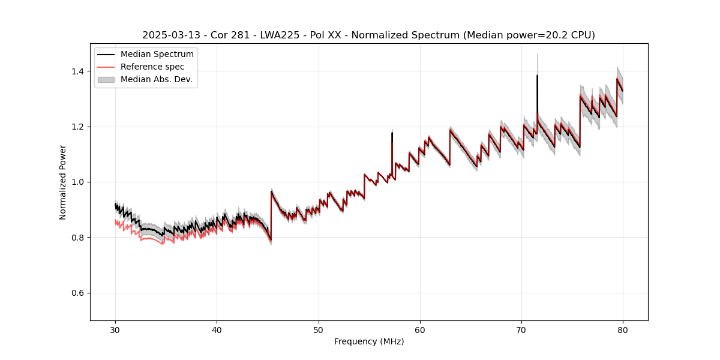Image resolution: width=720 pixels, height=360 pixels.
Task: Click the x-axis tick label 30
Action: click(116, 329)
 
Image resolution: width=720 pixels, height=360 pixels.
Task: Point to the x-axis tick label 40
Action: click(217, 329)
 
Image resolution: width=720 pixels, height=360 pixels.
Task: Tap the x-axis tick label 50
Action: click(319, 329)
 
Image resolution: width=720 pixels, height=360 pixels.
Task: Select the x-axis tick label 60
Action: click(420, 329)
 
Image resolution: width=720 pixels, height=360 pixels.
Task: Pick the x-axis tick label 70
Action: click(521, 329)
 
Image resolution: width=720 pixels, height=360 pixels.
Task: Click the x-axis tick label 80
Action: click(623, 329)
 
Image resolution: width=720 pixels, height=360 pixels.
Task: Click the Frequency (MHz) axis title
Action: click(369, 341)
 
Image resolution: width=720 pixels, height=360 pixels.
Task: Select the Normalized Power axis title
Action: click(62, 182)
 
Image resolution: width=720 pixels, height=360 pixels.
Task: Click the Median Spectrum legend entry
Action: click(157, 55)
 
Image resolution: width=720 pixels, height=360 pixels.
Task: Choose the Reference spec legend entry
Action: click(152, 67)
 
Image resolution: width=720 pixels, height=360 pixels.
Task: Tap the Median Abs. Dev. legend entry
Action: click(156, 79)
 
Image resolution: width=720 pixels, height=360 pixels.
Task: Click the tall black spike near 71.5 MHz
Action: click(537, 90)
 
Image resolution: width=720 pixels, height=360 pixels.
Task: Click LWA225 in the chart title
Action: click(280, 35)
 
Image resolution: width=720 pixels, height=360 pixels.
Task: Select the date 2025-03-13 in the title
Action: click(167, 35)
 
